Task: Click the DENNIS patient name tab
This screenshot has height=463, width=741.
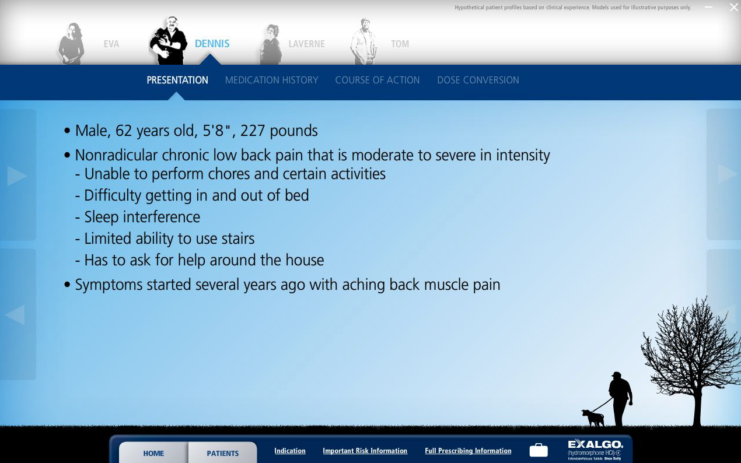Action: tap(212, 44)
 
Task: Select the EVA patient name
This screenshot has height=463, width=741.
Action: tap(111, 44)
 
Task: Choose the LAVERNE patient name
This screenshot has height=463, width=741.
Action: tap(306, 44)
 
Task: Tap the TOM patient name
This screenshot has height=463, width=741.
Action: tap(400, 44)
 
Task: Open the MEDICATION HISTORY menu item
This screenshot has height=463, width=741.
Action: tap(271, 80)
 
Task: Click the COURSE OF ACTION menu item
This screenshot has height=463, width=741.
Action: tap(377, 80)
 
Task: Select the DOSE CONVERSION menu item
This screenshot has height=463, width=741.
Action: tap(478, 80)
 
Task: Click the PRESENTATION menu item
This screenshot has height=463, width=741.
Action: tap(177, 80)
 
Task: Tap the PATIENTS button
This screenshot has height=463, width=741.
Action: tap(222, 453)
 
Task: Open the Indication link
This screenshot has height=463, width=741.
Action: tap(290, 451)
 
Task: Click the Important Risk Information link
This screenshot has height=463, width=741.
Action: tap(365, 451)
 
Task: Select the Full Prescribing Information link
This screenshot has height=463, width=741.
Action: tap(468, 451)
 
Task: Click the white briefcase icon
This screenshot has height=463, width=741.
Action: tap(539, 450)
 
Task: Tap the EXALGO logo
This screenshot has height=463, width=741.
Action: tap(595, 449)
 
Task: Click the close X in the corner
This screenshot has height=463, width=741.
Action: tap(734, 8)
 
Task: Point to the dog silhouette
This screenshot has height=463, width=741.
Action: tap(593, 418)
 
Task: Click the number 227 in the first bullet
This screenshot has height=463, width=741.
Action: tap(253, 131)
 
